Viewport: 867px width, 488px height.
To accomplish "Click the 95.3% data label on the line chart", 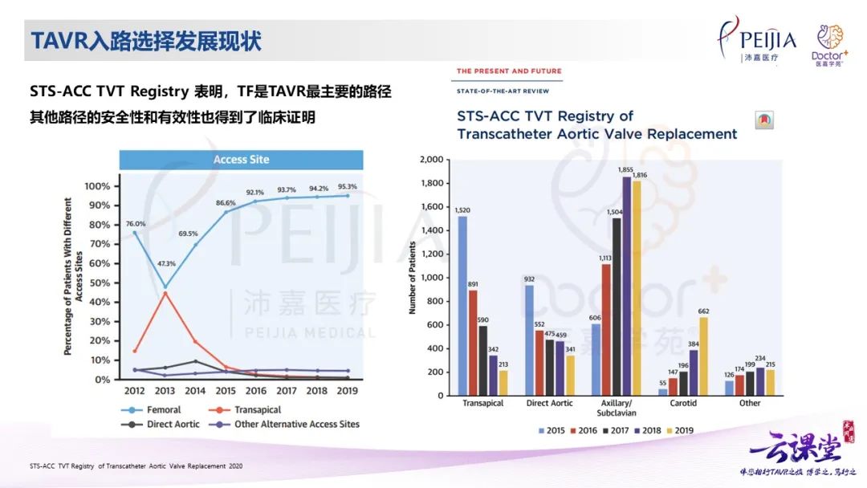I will (x=348, y=186).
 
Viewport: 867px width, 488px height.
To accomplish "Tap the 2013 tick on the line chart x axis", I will (x=165, y=391).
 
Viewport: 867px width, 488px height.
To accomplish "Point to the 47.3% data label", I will (x=165, y=264).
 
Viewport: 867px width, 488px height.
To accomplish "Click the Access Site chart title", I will (x=241, y=160).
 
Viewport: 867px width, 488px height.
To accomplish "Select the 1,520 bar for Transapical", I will (x=462, y=305).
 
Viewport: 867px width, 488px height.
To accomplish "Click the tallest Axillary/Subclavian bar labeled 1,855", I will (x=625, y=286).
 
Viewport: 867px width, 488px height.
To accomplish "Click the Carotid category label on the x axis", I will (x=682, y=403).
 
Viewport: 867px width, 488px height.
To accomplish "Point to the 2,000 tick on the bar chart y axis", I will (x=432, y=160).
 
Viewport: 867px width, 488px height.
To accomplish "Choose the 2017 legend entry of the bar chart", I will (x=611, y=431).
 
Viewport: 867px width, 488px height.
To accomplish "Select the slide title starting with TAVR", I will (x=146, y=40).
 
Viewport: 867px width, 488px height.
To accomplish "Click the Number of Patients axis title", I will (x=413, y=277).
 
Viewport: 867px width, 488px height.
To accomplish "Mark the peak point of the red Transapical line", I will (x=165, y=292).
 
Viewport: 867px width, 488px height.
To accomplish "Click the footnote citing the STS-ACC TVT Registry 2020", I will (x=136, y=466).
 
